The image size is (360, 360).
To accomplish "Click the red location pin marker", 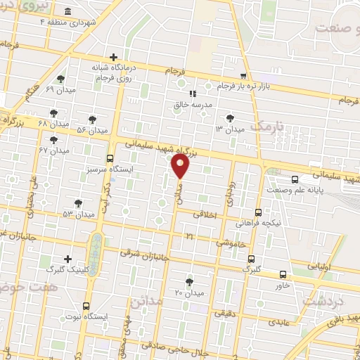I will point(180,166).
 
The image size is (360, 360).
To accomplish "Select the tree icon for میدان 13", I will point(230,117).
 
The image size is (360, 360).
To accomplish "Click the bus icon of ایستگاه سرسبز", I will point(109,158).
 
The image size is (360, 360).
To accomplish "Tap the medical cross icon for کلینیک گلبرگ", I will point(67,259).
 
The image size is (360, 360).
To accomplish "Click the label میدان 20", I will point(188,292).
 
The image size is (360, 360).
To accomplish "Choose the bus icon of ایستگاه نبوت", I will point(86,305).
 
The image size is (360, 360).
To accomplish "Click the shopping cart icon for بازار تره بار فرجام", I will point(243,75).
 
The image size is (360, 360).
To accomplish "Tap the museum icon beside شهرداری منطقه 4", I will point(67,12).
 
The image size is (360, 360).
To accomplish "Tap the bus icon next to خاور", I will point(283,274).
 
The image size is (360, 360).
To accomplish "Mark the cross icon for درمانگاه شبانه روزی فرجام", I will point(113,57).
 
